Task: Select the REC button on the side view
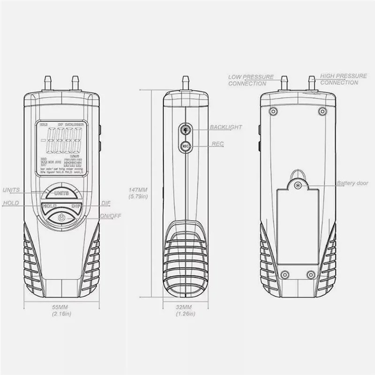186,145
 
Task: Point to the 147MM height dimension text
138,193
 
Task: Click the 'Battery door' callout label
352,183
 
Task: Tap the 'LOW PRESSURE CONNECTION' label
247,80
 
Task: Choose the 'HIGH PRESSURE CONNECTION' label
339,79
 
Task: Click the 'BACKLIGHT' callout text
226,127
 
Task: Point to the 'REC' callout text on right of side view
218,144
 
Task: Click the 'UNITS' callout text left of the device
12,190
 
